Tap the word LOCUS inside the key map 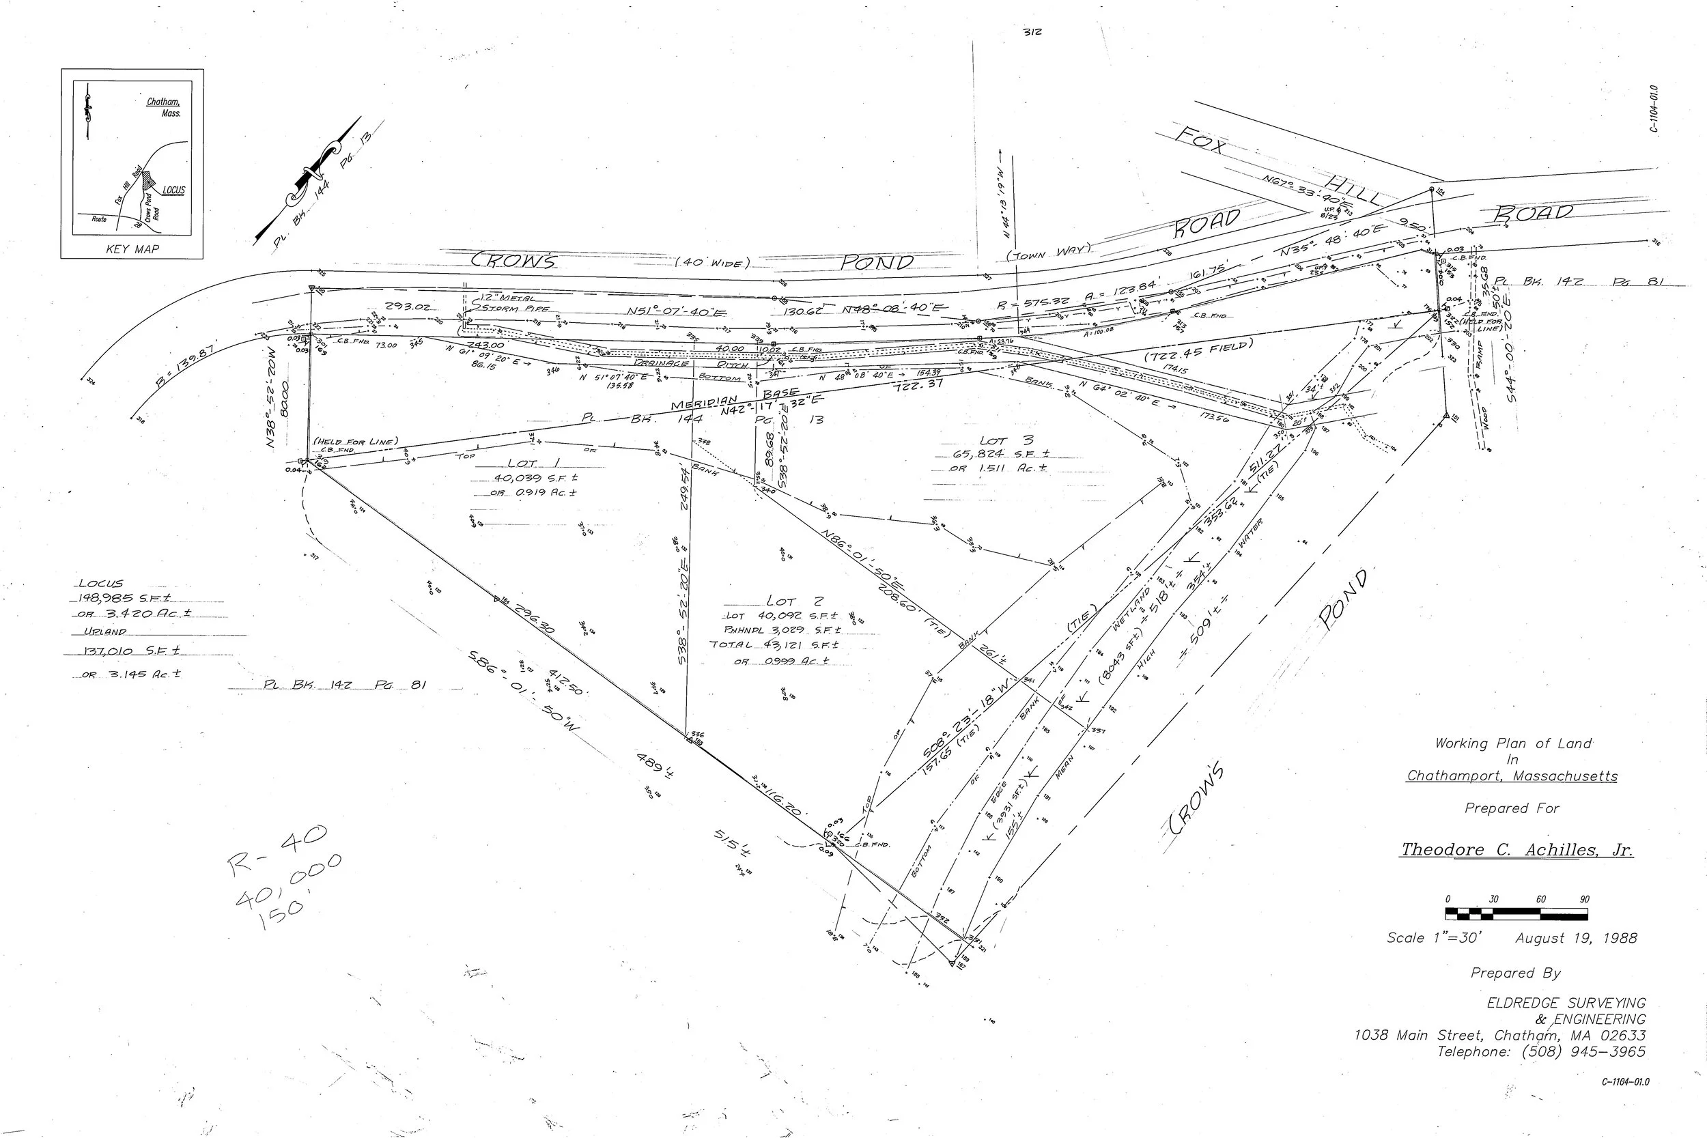coord(173,191)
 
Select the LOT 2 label coord(794,601)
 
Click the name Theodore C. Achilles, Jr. coord(1517,850)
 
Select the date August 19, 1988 coord(1576,939)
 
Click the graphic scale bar coord(1517,913)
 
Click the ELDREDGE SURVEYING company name coord(1566,1003)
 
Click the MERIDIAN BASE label coord(733,399)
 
